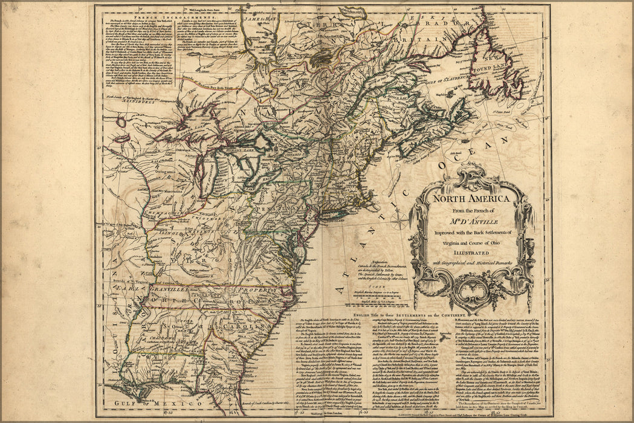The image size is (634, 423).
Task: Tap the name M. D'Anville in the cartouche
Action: (471, 220)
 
